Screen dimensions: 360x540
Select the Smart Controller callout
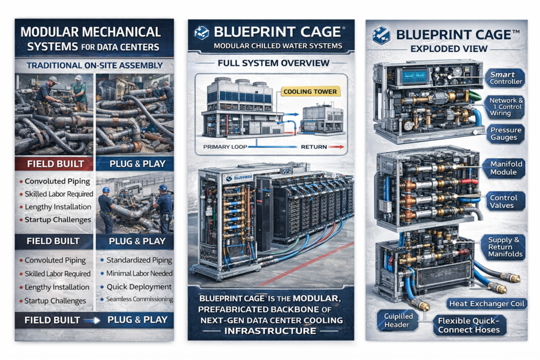505,78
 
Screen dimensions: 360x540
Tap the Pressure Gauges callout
505,134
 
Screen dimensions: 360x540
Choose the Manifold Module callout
505,168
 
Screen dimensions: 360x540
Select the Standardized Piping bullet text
139,260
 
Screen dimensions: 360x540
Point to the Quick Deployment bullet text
139,287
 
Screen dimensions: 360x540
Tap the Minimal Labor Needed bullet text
139,274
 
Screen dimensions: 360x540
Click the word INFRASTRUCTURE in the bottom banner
270,331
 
